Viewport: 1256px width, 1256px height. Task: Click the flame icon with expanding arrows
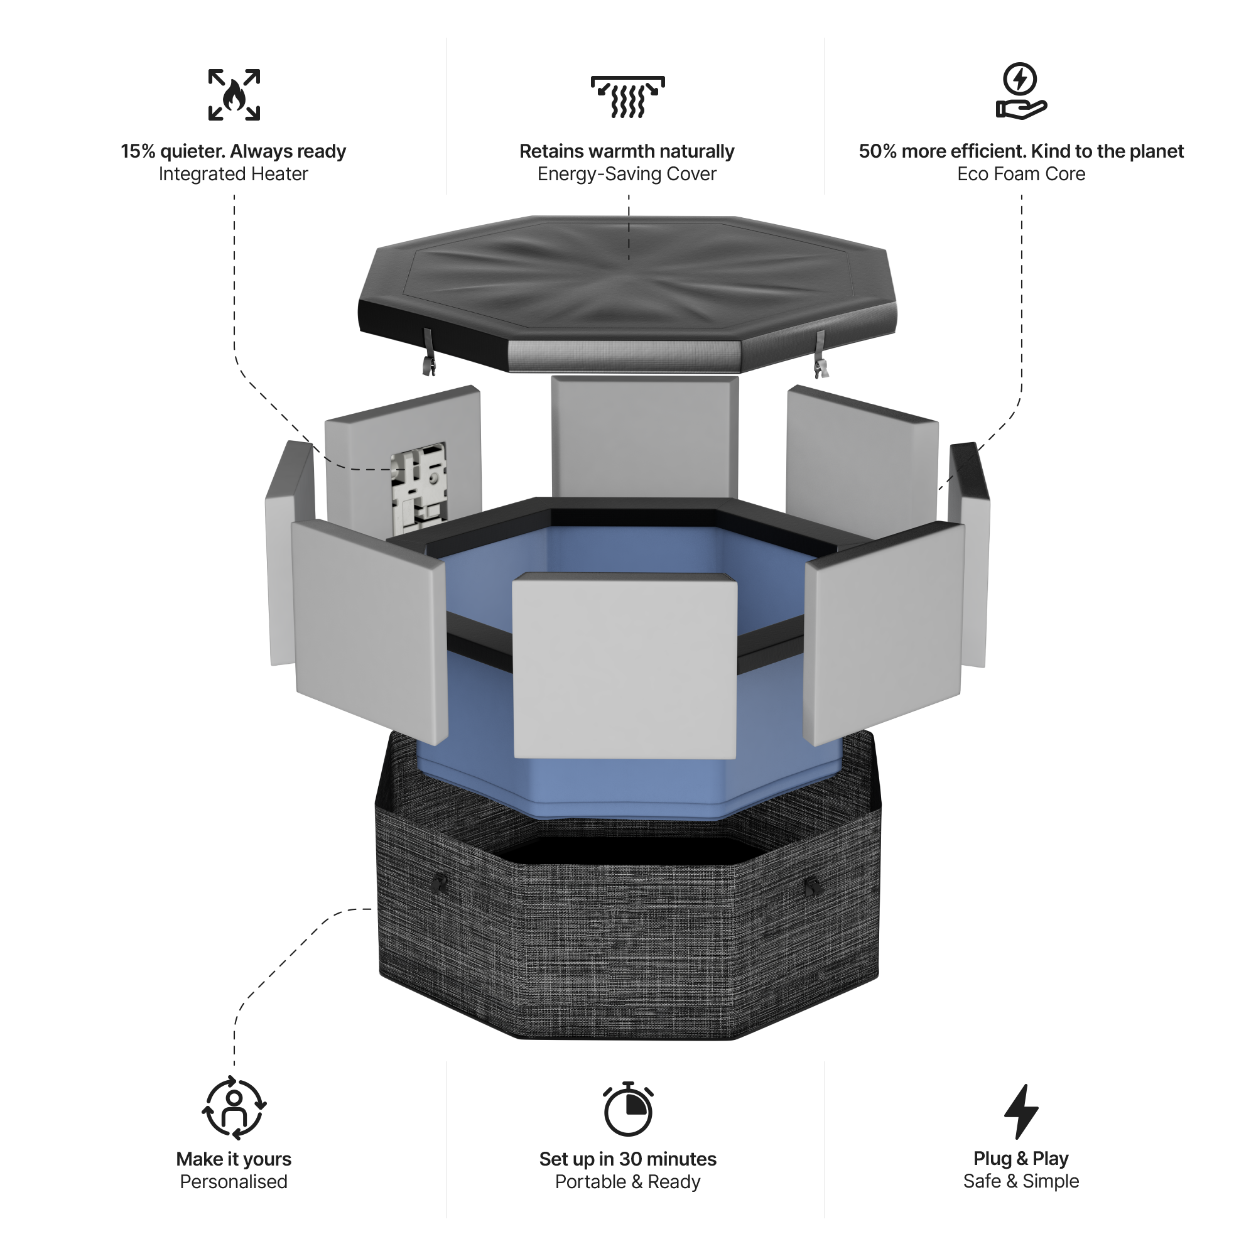coord(234,95)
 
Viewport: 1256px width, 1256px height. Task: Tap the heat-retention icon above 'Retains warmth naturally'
coord(627,97)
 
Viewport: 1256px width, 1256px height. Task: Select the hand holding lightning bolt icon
coord(1020,92)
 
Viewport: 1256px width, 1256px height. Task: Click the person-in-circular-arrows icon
coord(234,1108)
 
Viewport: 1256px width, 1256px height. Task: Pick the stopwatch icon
coord(627,1109)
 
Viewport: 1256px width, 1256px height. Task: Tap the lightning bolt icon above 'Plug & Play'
coord(1020,1111)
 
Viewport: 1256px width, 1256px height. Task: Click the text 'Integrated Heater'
coord(234,174)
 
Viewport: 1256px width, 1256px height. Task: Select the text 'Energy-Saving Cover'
coord(627,174)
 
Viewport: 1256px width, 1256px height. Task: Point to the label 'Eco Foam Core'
coord(1020,174)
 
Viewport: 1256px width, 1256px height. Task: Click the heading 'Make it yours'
coord(234,1159)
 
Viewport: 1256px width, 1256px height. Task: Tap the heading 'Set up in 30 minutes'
coord(627,1159)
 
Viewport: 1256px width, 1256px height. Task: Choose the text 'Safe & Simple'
coord(1020,1181)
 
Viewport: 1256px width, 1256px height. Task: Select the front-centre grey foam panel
coord(625,666)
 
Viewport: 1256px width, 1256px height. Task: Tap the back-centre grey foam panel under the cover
coord(644,436)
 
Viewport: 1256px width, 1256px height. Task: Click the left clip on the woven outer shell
coord(441,884)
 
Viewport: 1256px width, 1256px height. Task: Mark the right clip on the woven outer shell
coord(812,885)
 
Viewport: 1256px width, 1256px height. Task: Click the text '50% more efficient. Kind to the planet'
coord(1020,151)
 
